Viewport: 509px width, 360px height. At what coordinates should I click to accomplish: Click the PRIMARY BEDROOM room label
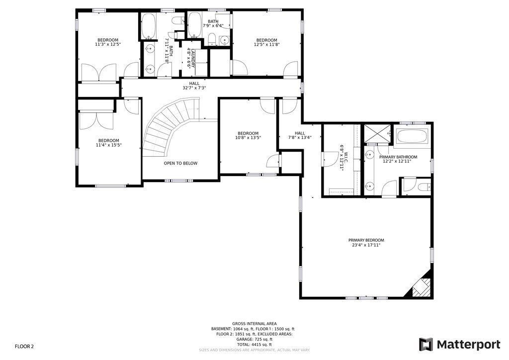[366, 243]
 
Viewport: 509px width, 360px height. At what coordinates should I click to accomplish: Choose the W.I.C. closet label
[342, 157]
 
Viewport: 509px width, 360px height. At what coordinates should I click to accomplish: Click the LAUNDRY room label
[189, 57]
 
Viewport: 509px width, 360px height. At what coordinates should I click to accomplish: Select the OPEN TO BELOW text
[180, 163]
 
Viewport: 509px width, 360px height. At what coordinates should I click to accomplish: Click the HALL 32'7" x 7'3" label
[194, 86]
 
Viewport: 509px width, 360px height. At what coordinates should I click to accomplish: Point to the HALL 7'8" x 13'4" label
[300, 135]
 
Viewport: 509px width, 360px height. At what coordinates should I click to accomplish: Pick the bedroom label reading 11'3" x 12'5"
[108, 42]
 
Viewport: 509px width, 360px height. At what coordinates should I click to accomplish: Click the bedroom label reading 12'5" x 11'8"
[267, 42]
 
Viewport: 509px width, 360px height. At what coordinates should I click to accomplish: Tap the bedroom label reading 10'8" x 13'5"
[248, 135]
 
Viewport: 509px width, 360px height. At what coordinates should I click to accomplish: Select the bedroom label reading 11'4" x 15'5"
[108, 143]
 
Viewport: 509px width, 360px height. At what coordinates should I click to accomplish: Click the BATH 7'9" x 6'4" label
[213, 23]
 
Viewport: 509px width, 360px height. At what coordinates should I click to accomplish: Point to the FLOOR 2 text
[24, 346]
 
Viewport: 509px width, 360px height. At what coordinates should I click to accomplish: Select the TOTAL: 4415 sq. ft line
[254, 345]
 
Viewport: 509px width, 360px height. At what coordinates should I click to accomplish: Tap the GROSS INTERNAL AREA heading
[254, 324]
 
